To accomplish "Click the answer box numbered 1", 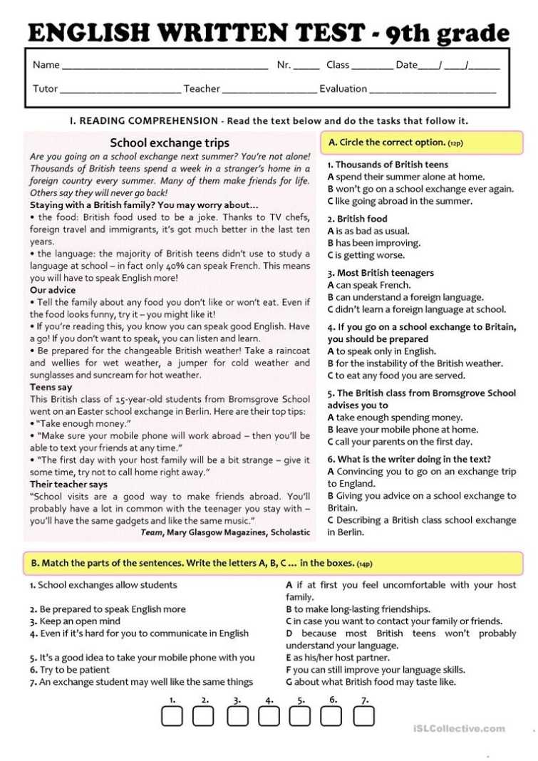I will pyautogui.click(x=172, y=716).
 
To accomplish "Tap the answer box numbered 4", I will pyautogui.click(x=268, y=716).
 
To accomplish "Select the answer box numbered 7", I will pyautogui.click(x=363, y=716).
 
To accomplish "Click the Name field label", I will pyautogui.click(x=46, y=65).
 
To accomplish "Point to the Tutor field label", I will pyautogui.click(x=45, y=89).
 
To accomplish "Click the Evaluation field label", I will pyautogui.click(x=343, y=89).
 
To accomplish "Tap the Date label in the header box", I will pyautogui.click(x=406, y=65).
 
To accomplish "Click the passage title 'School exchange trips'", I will pyautogui.click(x=170, y=143).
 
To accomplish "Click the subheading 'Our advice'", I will pyautogui.click(x=53, y=290).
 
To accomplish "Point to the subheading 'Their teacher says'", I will pyautogui.click(x=68, y=484).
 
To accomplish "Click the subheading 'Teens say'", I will pyautogui.click(x=51, y=387).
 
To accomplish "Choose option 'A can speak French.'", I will pyautogui.click(x=369, y=285).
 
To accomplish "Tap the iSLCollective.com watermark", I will pyautogui.click(x=459, y=728).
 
